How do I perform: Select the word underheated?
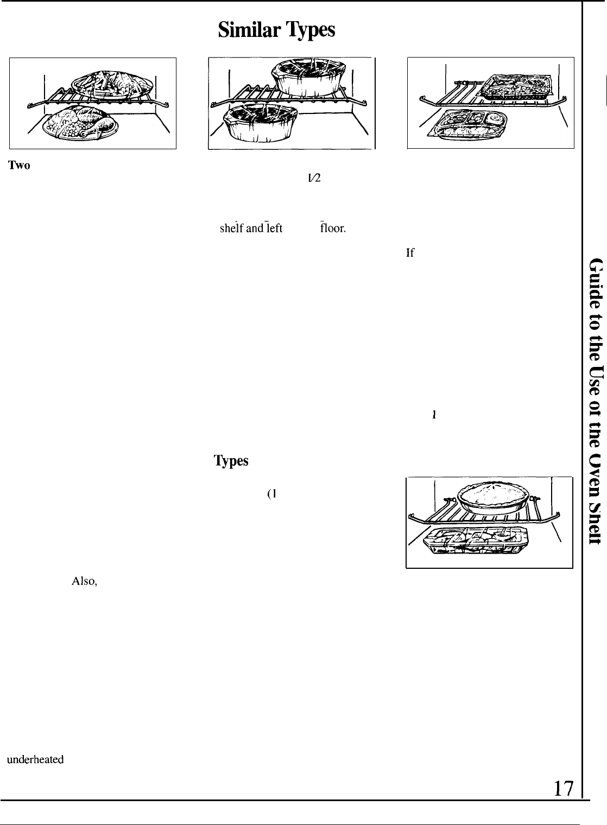[x=35, y=760]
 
